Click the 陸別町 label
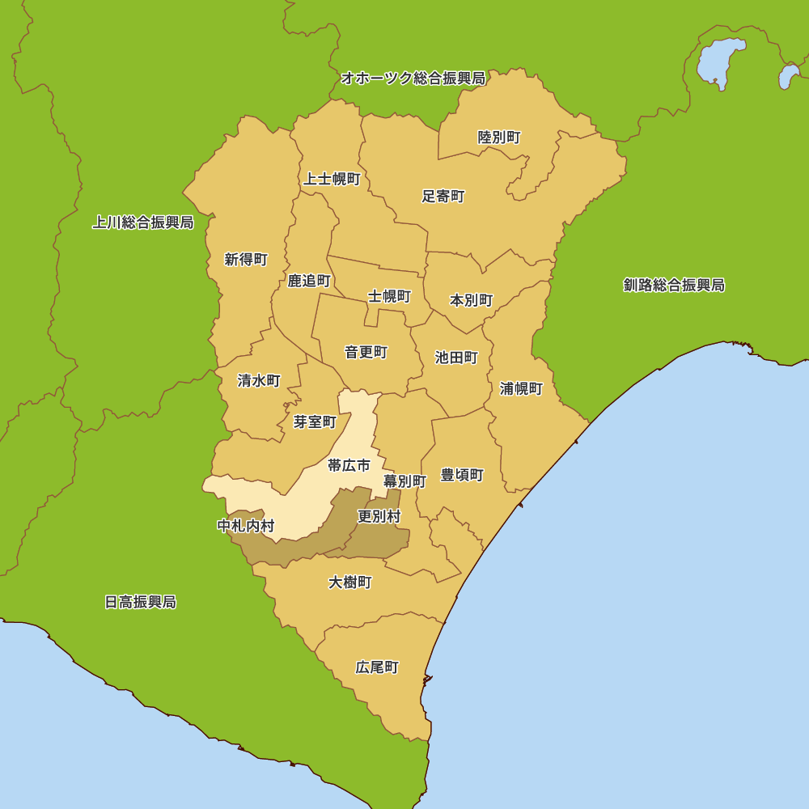(x=499, y=138)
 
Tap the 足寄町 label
(x=443, y=196)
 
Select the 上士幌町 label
(x=332, y=179)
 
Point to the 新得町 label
(x=246, y=260)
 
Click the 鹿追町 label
(x=309, y=281)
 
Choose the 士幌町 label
(x=390, y=296)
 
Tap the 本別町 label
(x=471, y=300)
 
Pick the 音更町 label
(x=366, y=352)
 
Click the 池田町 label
(x=456, y=357)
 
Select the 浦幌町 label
(x=521, y=388)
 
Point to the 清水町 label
(x=259, y=380)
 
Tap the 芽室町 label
(x=315, y=421)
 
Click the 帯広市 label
(x=349, y=465)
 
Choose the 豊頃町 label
(x=462, y=475)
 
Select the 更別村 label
(x=379, y=516)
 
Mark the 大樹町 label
(x=350, y=582)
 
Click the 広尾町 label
(x=377, y=667)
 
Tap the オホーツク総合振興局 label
(x=413, y=78)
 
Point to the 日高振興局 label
(x=140, y=602)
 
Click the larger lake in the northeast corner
(x=719, y=61)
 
